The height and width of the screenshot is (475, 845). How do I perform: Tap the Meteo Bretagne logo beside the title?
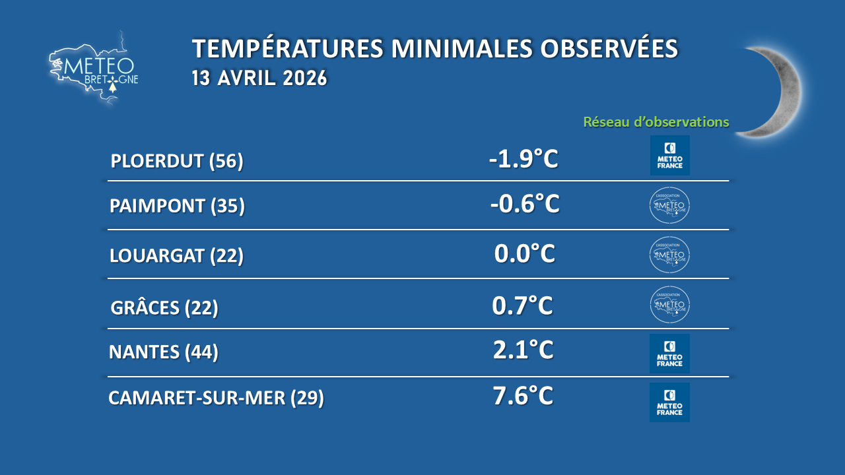94,68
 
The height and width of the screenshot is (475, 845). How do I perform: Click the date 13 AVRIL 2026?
259,78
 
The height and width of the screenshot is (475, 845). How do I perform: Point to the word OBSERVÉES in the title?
609,48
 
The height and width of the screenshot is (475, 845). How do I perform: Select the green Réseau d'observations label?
656,122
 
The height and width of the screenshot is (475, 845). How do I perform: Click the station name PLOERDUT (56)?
177,161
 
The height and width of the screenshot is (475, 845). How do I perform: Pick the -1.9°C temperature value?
524,159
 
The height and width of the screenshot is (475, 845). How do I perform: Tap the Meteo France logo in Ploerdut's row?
669,155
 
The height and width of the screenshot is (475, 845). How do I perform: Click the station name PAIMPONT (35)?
178,206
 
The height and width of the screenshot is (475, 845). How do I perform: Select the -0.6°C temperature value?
525,204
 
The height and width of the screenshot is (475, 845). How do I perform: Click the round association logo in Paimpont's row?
669,205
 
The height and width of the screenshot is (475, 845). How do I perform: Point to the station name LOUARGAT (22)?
176,255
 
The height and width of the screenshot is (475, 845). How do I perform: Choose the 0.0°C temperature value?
525,253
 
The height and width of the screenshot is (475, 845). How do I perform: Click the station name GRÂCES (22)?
164,307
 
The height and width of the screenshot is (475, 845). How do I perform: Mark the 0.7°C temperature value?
522,305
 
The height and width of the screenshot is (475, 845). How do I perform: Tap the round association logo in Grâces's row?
670,305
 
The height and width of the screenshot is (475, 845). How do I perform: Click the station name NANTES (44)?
164,352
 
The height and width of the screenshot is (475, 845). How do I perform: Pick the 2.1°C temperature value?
524,350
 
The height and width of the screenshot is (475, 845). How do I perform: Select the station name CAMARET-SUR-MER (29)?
216,398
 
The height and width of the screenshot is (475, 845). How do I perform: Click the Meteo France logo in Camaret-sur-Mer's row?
669,402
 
